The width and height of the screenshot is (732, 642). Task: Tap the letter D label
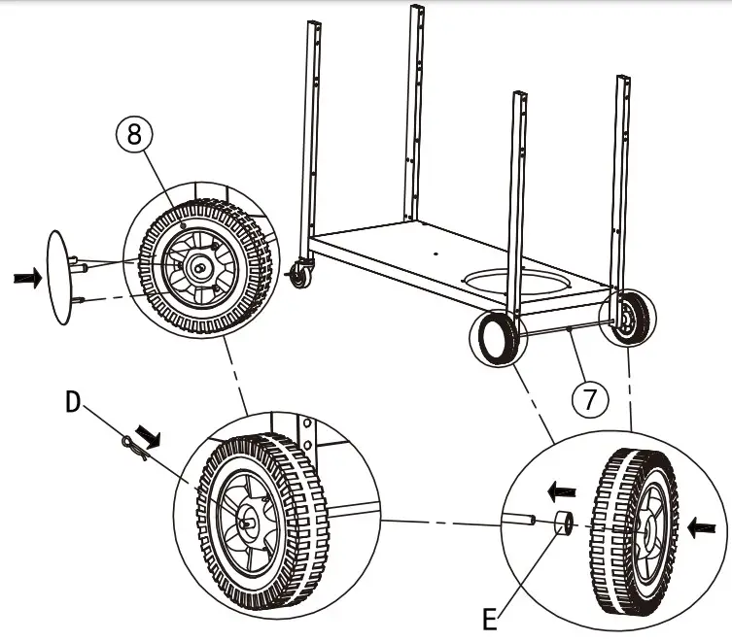72,400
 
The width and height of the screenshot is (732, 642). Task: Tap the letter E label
494,616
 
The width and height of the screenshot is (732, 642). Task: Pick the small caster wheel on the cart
297,277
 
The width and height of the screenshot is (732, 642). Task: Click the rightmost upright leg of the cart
619,175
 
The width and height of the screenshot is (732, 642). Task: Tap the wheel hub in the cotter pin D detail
249,519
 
